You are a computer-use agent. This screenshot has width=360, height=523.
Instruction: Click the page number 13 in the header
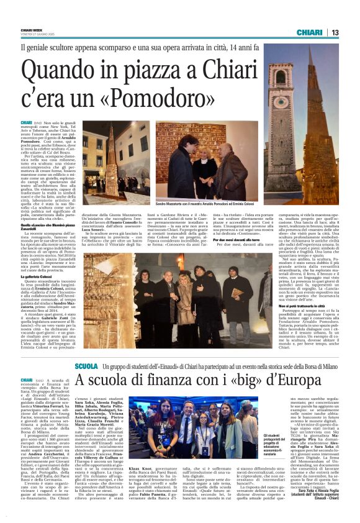(335, 33)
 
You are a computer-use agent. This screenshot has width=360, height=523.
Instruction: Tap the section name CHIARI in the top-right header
(309, 32)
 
